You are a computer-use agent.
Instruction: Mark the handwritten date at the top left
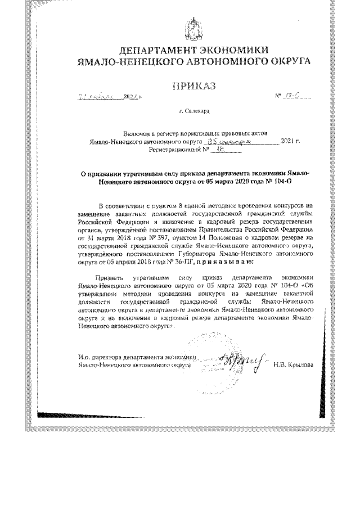coord(101,98)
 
